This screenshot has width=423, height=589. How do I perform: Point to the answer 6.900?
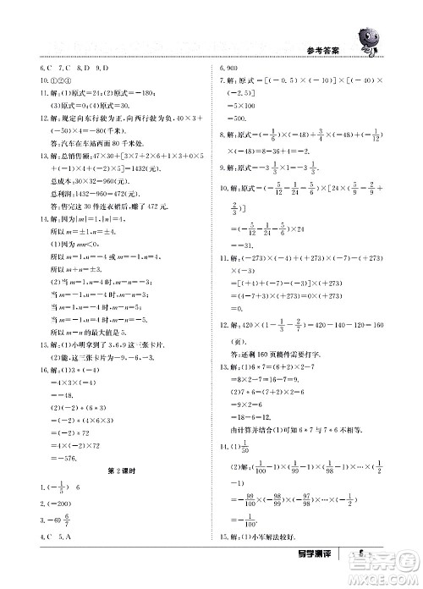click(x=229, y=67)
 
